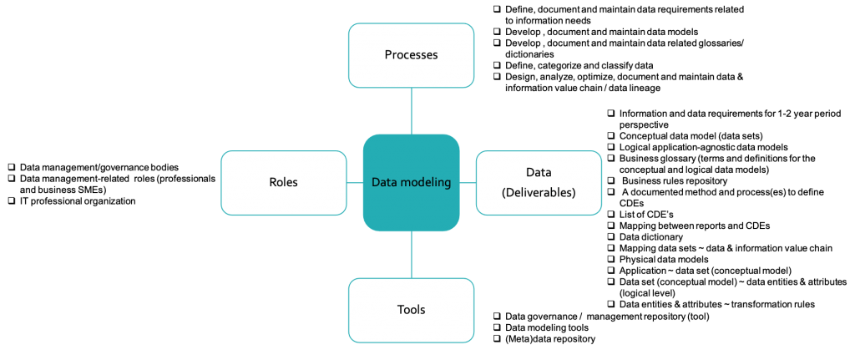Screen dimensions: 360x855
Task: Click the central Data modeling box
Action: (x=411, y=182)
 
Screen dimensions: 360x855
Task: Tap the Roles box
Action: (x=283, y=182)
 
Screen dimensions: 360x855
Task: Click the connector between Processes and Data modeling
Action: (x=411, y=110)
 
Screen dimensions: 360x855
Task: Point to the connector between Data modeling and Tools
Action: (x=411, y=255)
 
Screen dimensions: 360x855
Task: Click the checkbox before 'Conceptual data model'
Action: (x=611, y=135)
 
